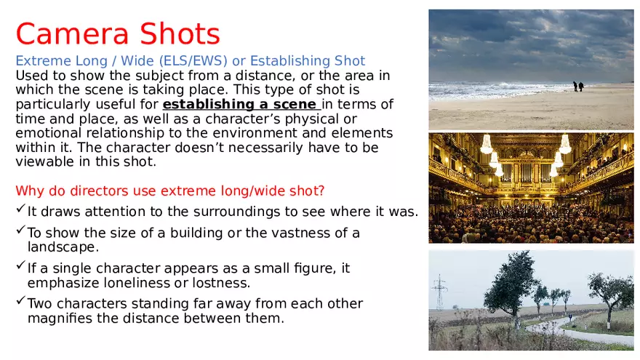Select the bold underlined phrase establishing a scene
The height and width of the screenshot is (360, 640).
(240, 104)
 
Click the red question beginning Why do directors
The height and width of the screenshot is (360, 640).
(169, 191)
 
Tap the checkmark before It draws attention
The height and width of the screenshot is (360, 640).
(20, 211)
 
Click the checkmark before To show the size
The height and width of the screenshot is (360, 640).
(20, 232)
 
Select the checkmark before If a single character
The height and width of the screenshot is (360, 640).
(20, 267)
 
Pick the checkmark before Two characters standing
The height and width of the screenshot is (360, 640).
(20, 303)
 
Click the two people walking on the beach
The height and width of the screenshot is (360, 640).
(578, 86)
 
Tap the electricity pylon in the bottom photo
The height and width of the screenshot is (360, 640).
(439, 292)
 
